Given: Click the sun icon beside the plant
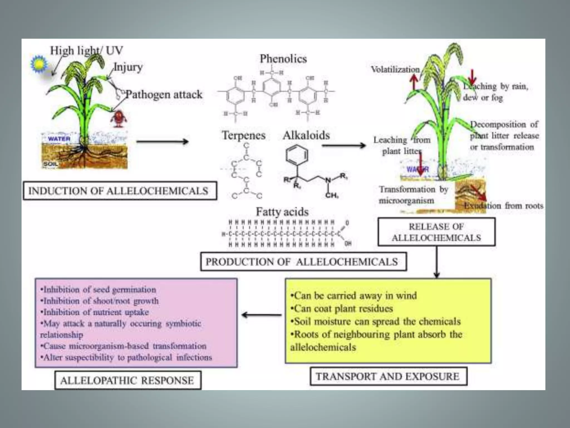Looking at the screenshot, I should [38, 64].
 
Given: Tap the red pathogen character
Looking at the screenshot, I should [119, 118].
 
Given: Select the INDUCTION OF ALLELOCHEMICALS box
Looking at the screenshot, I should [120, 191].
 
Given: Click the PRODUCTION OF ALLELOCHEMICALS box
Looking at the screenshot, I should [303, 262].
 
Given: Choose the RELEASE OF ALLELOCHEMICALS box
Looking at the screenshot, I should [436, 232].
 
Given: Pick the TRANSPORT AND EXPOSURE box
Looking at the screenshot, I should [388, 376].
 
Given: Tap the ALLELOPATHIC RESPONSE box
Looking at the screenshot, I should [127, 380].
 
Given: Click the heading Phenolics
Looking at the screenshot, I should [283, 59].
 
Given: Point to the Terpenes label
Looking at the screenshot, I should [244, 135].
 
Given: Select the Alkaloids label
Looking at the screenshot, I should [306, 135].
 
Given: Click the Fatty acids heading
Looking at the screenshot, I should [282, 212].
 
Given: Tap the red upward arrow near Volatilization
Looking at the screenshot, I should [414, 82].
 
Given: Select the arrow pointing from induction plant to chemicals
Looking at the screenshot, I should [162, 142].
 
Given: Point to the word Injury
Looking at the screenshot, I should [128, 67].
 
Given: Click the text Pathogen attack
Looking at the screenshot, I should [164, 94].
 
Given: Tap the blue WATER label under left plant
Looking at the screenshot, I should [59, 139].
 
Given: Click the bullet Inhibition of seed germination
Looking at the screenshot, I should [98, 290].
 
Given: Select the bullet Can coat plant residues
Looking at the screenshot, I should [342, 308].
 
